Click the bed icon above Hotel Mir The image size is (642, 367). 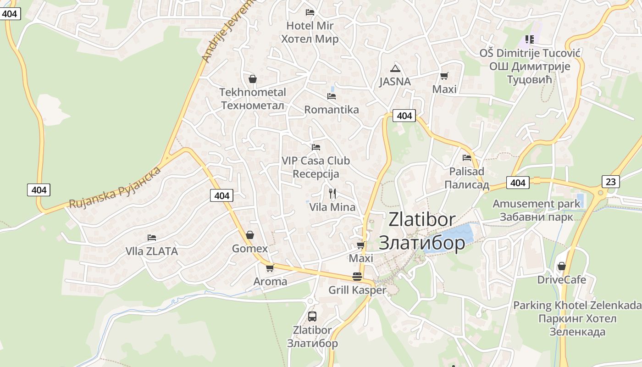(310, 12)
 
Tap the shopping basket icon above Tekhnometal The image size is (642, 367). (252, 79)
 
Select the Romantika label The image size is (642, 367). (332, 110)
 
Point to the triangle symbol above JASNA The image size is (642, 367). (395, 69)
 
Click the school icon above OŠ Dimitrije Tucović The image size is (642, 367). (530, 39)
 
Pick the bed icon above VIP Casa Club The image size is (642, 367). (315, 147)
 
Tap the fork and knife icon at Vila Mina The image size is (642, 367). (332, 194)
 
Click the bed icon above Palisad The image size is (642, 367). (467, 158)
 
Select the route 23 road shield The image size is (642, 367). (611, 182)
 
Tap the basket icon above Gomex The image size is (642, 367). (250, 235)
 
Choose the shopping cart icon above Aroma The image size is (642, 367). (270, 268)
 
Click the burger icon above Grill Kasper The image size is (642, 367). (357, 277)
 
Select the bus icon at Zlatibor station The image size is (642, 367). (312, 316)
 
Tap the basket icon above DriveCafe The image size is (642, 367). (561, 266)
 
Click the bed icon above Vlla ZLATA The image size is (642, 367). (152, 238)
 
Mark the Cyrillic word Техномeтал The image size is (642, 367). (253, 106)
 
